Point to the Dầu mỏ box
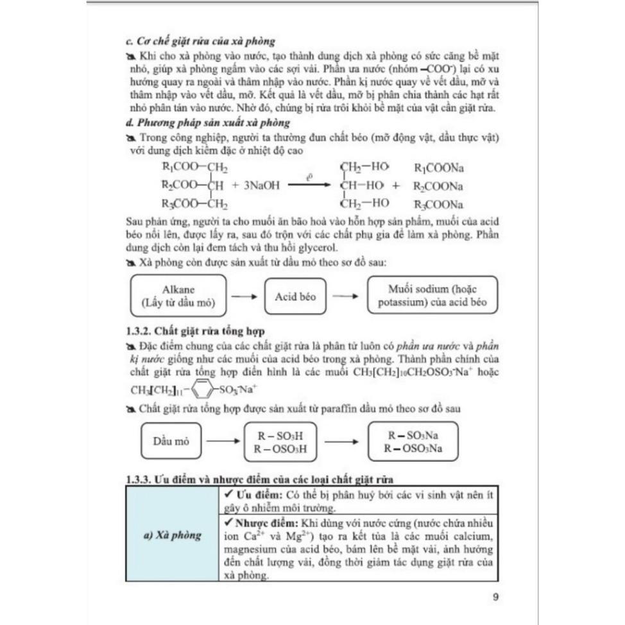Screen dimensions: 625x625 pyautogui.click(x=171, y=441)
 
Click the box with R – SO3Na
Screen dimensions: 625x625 pyautogui.click(x=413, y=441)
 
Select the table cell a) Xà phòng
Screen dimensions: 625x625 pyautogui.click(x=172, y=535)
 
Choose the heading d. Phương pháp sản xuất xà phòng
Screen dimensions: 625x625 pyautogui.click(x=208, y=122)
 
